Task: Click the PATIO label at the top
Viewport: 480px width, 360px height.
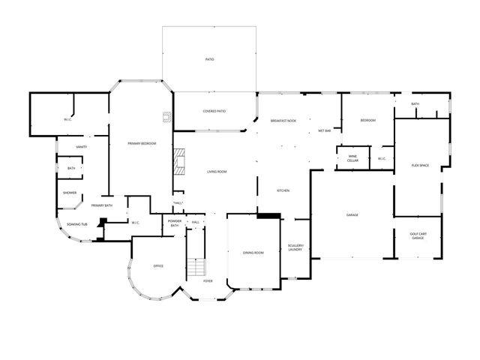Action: pos(210,58)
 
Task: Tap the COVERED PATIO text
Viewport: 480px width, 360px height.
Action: pos(214,111)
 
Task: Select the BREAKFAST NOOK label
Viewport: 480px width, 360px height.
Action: pos(283,121)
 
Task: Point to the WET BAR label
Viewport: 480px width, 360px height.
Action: pos(325,130)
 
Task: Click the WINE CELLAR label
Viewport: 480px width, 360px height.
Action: pos(352,158)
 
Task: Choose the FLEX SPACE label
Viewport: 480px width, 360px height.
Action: pos(420,165)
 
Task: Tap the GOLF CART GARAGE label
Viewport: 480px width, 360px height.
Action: pos(418,235)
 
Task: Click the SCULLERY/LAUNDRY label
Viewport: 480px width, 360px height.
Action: pos(295,247)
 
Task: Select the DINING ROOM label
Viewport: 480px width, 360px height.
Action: pos(253,253)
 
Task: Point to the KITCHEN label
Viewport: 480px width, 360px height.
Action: pos(283,190)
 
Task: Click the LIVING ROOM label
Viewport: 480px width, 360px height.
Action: pos(217,172)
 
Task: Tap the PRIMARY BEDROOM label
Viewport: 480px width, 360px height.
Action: pos(142,143)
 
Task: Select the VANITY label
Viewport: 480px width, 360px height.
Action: pos(82,147)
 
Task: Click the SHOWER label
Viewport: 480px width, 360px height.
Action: pos(70,193)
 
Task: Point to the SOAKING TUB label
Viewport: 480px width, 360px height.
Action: pos(77,224)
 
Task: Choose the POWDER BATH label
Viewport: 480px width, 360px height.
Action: pos(174,223)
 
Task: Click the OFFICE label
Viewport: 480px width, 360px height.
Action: pos(158,265)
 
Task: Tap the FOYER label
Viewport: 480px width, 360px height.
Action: pos(208,281)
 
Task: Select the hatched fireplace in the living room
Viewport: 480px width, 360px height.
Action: pos(179,160)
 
